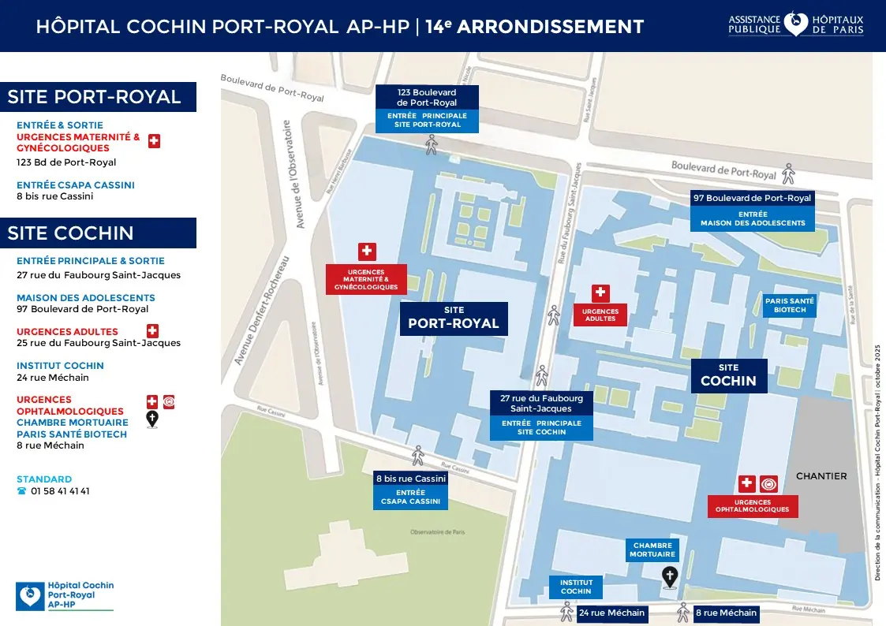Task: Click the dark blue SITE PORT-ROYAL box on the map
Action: pyautogui.click(x=454, y=317)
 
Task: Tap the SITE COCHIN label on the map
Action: pyautogui.click(x=729, y=375)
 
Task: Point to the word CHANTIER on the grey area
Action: pyautogui.click(x=821, y=476)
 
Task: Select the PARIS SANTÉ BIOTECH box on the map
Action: pyautogui.click(x=789, y=306)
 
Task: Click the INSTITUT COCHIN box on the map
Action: pyautogui.click(x=576, y=587)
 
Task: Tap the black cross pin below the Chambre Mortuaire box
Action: pyautogui.click(x=669, y=577)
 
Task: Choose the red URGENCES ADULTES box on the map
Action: pyautogui.click(x=600, y=315)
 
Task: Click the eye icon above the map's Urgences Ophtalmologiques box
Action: pyautogui.click(x=769, y=484)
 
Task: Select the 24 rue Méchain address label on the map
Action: pyautogui.click(x=611, y=613)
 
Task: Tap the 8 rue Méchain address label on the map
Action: pyautogui.click(x=726, y=613)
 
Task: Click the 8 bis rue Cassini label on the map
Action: pyautogui.click(x=410, y=479)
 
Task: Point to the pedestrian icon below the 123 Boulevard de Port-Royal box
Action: pyautogui.click(x=431, y=144)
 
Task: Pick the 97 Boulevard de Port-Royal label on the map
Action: pyautogui.click(x=752, y=198)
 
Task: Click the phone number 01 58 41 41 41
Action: pyautogui.click(x=60, y=491)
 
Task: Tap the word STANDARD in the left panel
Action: pyautogui.click(x=44, y=479)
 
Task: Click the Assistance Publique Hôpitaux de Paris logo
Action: pyautogui.click(x=795, y=24)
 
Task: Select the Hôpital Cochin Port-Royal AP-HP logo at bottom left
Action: pyautogui.click(x=65, y=596)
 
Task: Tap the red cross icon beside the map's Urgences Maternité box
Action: pyautogui.click(x=367, y=252)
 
